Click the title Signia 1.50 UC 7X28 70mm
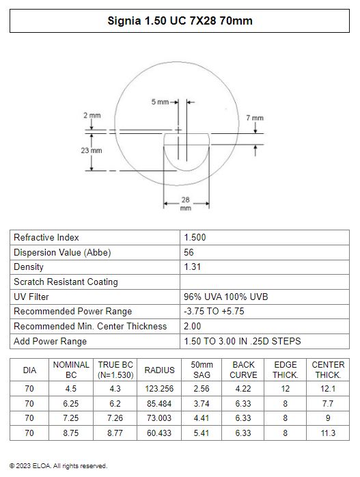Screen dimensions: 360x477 [180, 21]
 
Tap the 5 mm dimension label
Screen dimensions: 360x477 [160, 102]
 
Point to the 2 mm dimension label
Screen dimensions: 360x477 [92, 115]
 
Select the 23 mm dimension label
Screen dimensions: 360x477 [92, 150]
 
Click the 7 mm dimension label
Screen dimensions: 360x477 [255, 118]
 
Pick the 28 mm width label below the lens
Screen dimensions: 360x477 [186, 204]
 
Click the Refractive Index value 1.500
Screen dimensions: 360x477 [195, 237]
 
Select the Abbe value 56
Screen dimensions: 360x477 [189, 252]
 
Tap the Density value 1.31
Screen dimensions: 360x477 [192, 267]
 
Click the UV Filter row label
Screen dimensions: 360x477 [31, 297]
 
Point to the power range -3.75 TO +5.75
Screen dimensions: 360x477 [214, 311]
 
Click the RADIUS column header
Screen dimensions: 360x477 [160, 370]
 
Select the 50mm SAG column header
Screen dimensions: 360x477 [202, 370]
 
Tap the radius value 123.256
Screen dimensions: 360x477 [160, 388]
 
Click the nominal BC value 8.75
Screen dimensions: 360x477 [71, 433]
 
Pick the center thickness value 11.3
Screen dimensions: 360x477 [328, 433]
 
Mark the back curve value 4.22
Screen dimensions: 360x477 [243, 388]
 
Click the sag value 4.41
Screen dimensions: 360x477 [202, 418]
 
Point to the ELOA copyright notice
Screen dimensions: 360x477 [58, 466]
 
